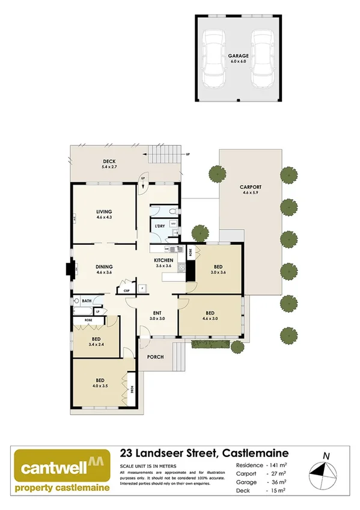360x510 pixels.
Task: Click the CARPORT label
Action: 249,188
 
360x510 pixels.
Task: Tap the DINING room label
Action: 105,269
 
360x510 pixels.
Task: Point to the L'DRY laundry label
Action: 160,226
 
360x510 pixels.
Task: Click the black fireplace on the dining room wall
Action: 70,268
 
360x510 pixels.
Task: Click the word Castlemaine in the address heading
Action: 255,453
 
